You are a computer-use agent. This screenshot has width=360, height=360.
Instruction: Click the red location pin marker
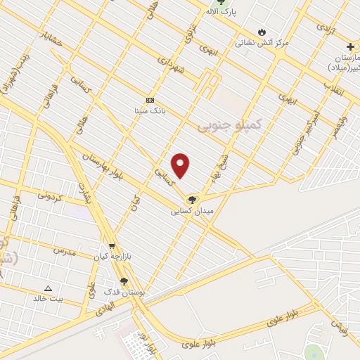[181, 165]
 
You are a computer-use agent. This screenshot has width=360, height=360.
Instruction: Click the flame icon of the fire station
[262, 32]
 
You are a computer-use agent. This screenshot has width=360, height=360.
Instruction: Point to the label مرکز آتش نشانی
[262, 43]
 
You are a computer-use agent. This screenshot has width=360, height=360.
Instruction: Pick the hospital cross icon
[351, 46]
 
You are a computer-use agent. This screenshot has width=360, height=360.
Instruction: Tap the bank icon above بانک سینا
[149, 100]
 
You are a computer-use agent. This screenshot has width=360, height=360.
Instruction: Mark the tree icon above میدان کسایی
[192, 200]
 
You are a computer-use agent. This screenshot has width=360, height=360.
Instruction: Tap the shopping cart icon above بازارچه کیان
[112, 246]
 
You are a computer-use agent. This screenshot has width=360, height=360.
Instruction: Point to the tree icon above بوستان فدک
[124, 281]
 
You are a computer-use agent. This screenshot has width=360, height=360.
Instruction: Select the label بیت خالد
[48, 298]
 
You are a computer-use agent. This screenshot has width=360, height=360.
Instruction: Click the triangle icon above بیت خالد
[48, 288]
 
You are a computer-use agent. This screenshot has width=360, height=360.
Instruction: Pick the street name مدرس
[64, 250]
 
